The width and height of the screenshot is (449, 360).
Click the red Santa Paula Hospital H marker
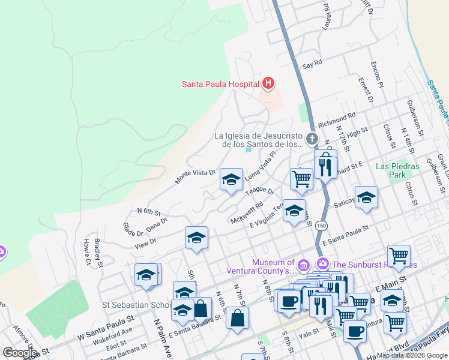(268, 84)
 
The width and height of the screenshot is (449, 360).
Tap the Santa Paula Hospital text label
(220, 84)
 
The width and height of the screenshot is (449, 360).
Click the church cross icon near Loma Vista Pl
(312, 139)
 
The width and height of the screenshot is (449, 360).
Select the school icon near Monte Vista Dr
(231, 179)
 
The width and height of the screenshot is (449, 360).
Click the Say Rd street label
(312, 63)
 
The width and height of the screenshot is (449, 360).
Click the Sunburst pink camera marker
(323, 263)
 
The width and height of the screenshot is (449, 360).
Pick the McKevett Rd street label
(247, 212)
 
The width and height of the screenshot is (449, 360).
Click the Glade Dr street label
(132, 229)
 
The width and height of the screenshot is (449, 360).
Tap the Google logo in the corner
(20, 353)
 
